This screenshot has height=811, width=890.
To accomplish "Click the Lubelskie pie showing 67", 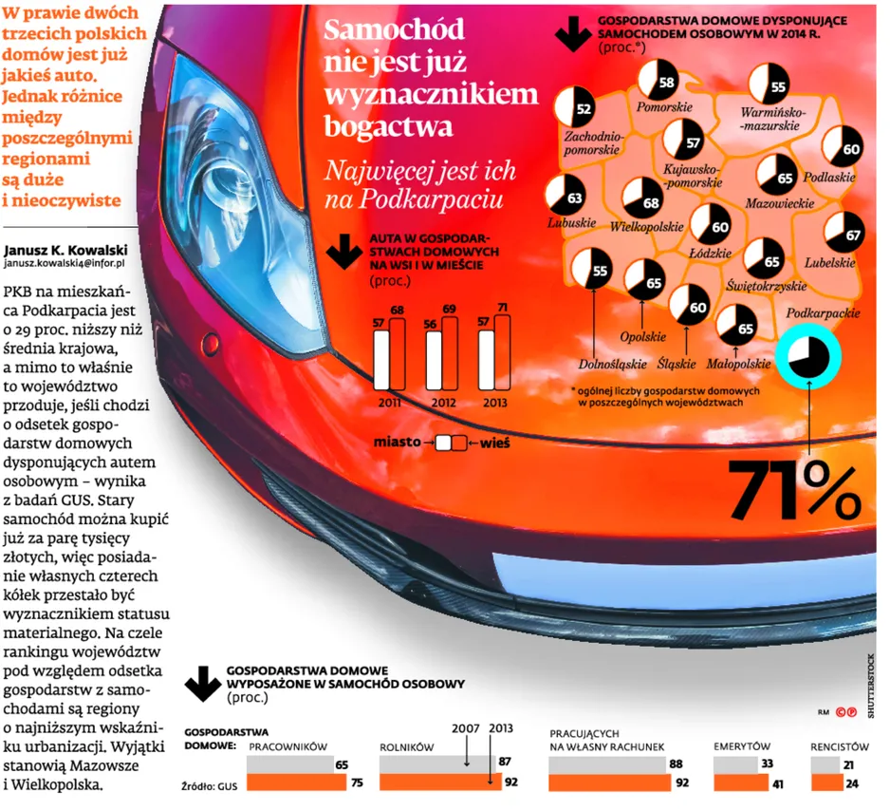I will [x=844, y=233].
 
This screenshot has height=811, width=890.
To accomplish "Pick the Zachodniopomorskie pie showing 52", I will [x=575, y=107].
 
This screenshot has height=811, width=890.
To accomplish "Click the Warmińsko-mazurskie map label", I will [x=772, y=119].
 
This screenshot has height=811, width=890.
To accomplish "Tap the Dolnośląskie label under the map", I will [x=612, y=364].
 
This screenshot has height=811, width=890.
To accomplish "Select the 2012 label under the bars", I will [x=443, y=403].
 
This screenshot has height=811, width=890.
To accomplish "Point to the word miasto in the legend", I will [x=397, y=442].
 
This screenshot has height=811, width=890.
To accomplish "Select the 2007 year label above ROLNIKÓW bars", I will [x=466, y=729].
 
